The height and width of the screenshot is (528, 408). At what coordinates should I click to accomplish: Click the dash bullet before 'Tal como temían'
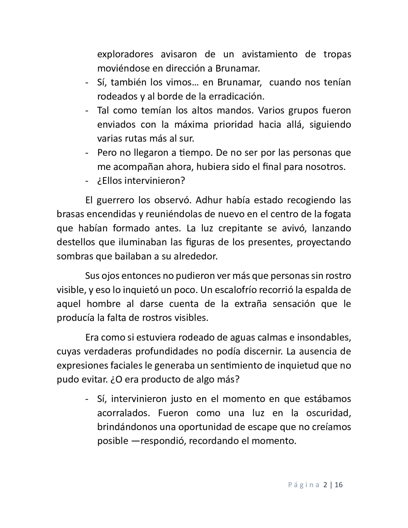pos(87,110)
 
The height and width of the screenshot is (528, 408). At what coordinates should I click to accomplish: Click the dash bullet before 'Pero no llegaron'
pos(87,153)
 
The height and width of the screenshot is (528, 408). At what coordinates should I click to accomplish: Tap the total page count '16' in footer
pos(339,485)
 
